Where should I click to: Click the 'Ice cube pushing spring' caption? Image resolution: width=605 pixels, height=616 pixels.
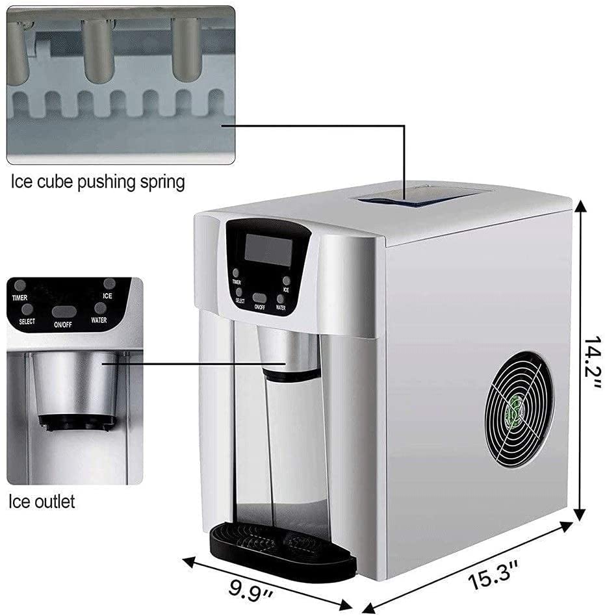pos(97,182)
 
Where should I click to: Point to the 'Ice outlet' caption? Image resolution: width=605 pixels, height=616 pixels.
pos(42,501)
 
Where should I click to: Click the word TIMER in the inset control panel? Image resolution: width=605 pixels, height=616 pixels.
pos(19,298)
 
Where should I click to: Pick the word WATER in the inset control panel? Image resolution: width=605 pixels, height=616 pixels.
pos(99,319)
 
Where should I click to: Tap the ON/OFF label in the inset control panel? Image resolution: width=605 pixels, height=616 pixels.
pos(62,323)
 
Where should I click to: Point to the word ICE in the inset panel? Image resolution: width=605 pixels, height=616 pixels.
pos(108,296)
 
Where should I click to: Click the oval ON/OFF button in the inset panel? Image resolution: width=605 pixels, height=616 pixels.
pos(63,311)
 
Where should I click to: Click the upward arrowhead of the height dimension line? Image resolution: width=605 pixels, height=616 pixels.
pos(580,207)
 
